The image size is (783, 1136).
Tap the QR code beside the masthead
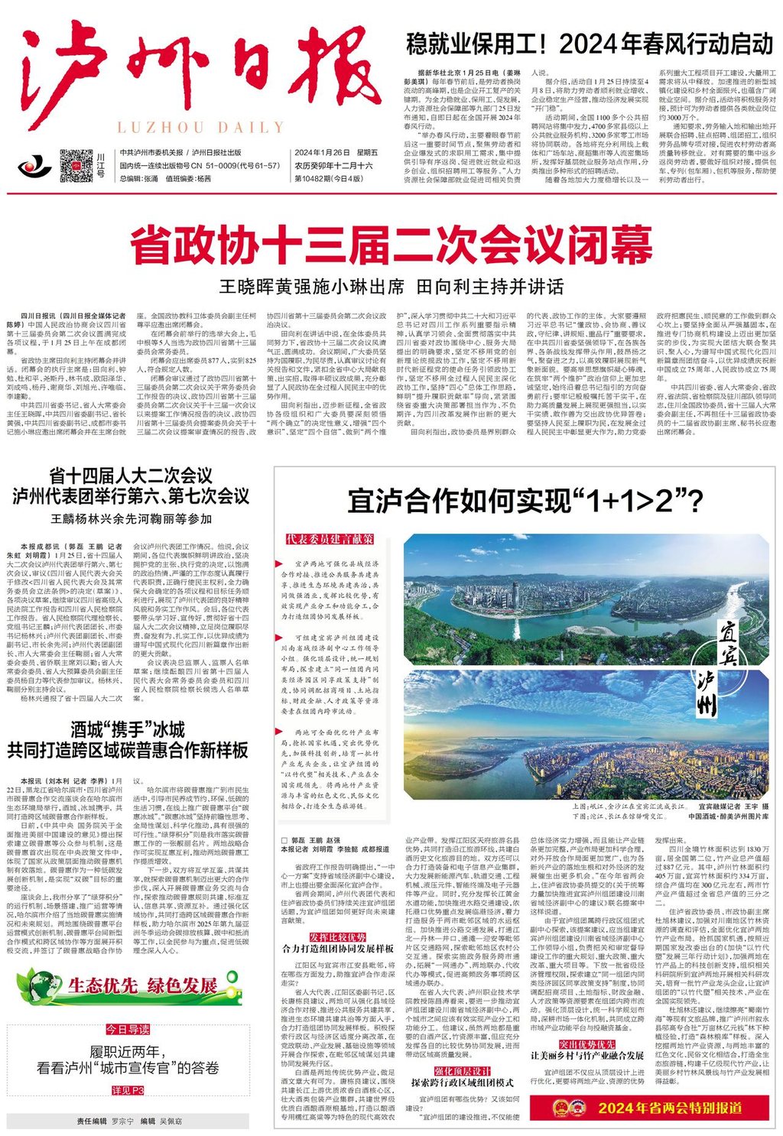[76, 164]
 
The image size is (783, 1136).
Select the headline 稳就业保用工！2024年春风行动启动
[590, 44]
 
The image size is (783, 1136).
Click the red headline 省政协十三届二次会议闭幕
[391, 244]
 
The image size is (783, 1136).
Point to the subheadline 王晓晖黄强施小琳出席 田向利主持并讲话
[391, 287]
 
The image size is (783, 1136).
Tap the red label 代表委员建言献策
[330, 539]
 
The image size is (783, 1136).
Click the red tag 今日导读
[128, 1029]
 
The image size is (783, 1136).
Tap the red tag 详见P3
[128, 1090]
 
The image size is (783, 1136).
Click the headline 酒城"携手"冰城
[128, 729]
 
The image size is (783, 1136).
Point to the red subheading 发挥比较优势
[337, 937]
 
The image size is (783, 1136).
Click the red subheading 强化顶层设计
[462, 1071]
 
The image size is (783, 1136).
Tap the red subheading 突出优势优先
[586, 1043]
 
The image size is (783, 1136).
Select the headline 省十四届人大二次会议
[131, 475]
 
